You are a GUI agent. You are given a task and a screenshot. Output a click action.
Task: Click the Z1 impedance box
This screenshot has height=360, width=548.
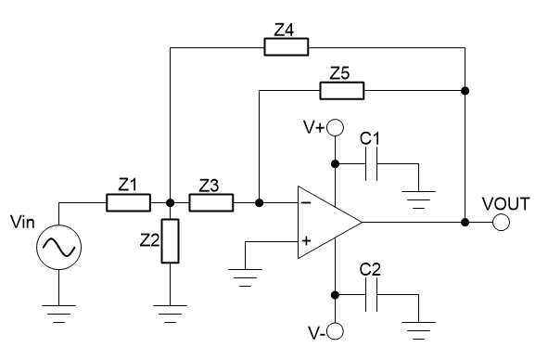[x=128, y=202]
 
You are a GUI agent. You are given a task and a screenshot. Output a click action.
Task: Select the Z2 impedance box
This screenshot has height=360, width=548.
[x=170, y=240]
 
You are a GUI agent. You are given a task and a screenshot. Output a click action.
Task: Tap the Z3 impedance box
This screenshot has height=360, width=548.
[x=211, y=202]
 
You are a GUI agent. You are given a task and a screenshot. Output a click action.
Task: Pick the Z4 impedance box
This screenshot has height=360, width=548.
[x=287, y=46]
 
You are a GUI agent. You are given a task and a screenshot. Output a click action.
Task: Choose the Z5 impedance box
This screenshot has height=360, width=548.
[x=341, y=90]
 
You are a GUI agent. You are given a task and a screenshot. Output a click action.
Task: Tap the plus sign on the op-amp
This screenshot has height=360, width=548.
[x=305, y=243]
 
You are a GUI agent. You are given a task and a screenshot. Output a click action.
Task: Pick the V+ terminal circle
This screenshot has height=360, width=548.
[x=336, y=127]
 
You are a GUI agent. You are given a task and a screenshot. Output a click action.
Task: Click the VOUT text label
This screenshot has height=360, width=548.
[x=505, y=202]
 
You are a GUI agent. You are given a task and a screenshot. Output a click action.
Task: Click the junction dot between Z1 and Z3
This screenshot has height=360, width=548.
[x=170, y=202]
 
